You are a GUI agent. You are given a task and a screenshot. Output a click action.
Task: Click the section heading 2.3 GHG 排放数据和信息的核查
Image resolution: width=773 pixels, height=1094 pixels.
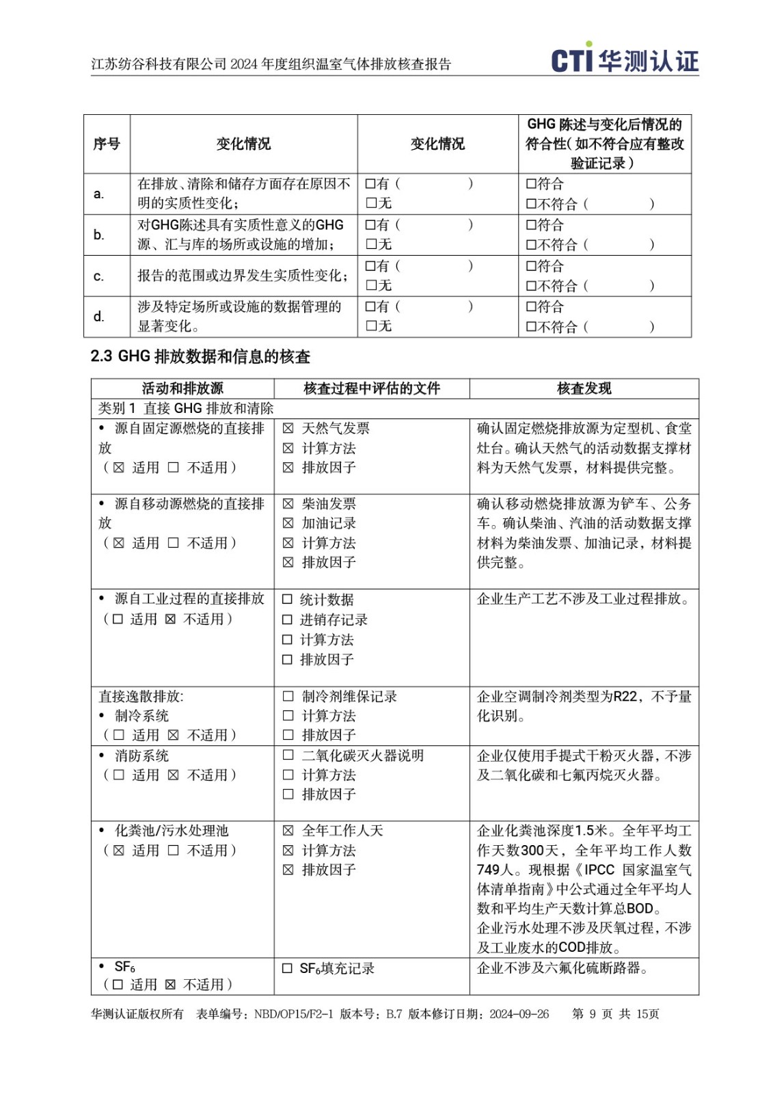[200, 356]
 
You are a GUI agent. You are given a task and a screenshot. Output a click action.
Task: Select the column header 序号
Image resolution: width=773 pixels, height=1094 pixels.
[107, 144]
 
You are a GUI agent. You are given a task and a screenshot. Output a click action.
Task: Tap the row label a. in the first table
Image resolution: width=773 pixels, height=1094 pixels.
[99, 194]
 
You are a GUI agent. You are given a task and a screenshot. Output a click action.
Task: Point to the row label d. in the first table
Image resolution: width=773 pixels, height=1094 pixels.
[99, 317]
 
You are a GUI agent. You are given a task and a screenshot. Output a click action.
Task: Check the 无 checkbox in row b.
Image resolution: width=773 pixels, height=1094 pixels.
[371, 244]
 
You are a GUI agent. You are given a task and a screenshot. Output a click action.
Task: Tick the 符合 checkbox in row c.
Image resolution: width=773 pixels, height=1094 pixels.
[531, 266]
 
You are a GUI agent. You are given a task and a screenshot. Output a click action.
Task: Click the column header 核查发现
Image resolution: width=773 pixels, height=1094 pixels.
[584, 388]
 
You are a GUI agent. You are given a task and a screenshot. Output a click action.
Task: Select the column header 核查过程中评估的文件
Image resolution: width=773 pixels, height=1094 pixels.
[371, 388]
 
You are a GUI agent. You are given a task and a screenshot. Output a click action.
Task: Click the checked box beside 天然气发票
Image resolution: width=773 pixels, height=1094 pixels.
[288, 429]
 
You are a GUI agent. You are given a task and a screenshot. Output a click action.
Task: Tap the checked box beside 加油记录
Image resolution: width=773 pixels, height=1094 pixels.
[288, 523]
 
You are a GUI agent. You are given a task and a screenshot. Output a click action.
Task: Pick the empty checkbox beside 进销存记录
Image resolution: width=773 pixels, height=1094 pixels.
[287, 620]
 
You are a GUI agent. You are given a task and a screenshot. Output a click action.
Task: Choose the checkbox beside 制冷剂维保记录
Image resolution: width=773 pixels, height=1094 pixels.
[288, 696]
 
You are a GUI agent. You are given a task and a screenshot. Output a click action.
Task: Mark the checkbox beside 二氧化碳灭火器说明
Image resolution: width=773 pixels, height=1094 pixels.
[288, 756]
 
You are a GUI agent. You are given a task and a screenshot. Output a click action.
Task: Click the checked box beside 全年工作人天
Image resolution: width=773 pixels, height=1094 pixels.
[288, 831]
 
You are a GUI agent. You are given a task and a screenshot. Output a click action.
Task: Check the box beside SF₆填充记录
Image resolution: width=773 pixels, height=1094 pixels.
[287, 968]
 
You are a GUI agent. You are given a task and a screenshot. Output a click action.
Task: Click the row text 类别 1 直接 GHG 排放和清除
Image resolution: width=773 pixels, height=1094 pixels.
[186, 408]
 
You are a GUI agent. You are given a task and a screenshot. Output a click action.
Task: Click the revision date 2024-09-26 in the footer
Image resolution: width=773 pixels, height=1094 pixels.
[519, 1014]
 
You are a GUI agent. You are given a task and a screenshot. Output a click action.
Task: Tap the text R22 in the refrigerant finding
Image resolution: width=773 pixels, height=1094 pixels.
[625, 697]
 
